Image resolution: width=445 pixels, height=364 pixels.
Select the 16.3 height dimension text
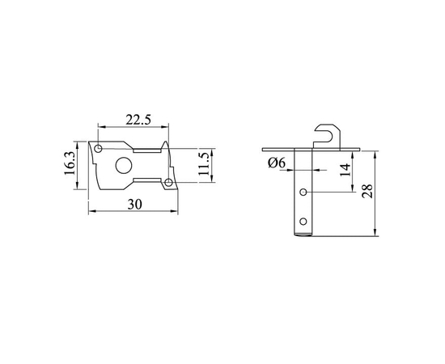pyautogui.click(x=70, y=165)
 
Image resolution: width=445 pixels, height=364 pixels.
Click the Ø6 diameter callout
pyautogui.click(x=276, y=163)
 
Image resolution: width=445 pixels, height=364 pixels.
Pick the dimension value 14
pyautogui.click(x=345, y=170)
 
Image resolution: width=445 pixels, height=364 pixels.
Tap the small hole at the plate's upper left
pyautogui.click(x=98, y=150)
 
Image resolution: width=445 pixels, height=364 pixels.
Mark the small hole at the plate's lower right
pyautogui.click(x=168, y=184)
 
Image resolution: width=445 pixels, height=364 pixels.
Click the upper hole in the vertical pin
pyautogui.click(x=303, y=193)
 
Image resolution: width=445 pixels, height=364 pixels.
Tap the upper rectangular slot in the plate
pyautogui.click(x=148, y=150)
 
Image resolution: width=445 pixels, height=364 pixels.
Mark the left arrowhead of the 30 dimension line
pyautogui.click(x=91, y=212)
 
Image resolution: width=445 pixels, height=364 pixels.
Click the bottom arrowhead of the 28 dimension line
pyautogui.click(x=377, y=234)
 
